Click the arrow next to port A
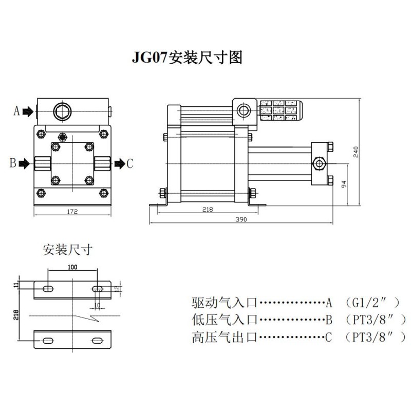pos(28,111)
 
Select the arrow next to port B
pos(24,164)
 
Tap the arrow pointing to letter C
pos(119,164)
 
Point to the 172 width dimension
pos(72,212)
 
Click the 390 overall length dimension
pos(241,220)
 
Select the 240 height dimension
pos(356,152)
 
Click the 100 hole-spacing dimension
pos(72,268)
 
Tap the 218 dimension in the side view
pos(208,210)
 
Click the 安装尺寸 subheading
pos(67,250)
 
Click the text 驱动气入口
pos(224,302)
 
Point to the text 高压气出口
pos(224,338)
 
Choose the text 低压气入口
pos(224,320)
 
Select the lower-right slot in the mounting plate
pos(97,340)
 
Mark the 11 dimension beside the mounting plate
pos(16,284)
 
